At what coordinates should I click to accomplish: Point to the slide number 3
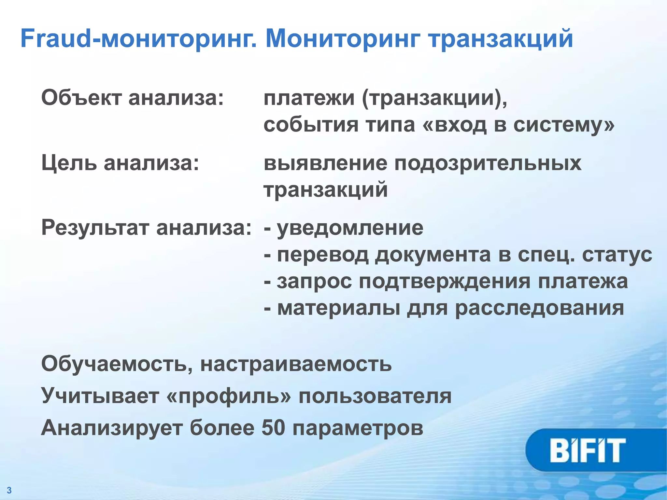9,490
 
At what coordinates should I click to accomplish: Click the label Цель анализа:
120,163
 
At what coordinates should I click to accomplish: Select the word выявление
325,163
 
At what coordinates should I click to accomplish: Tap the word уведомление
350,228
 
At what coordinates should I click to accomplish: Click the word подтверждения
445,282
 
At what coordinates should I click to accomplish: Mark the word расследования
539,308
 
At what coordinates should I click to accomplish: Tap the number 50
274,427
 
